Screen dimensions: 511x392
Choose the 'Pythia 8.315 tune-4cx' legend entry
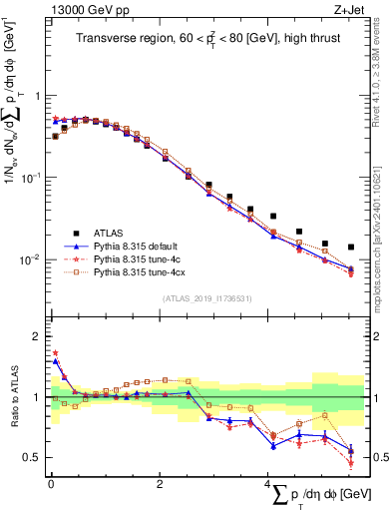pos(152,270)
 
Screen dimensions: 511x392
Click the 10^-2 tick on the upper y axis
pos(33,260)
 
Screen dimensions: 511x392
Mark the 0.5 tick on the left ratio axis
pos(33,458)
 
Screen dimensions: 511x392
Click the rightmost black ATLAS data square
pos(350,247)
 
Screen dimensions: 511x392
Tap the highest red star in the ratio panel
pos(55,352)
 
